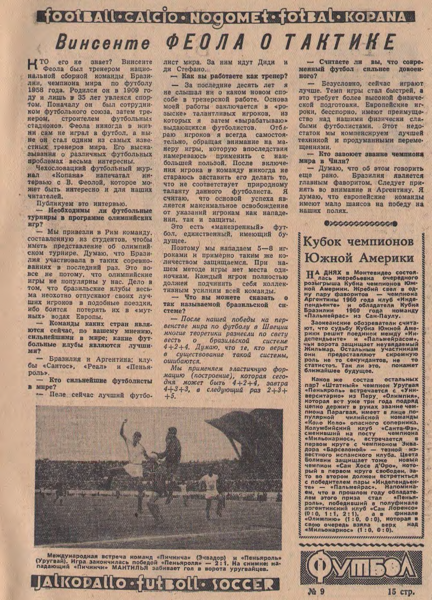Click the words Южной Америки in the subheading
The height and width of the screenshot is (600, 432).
(x=358, y=258)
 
